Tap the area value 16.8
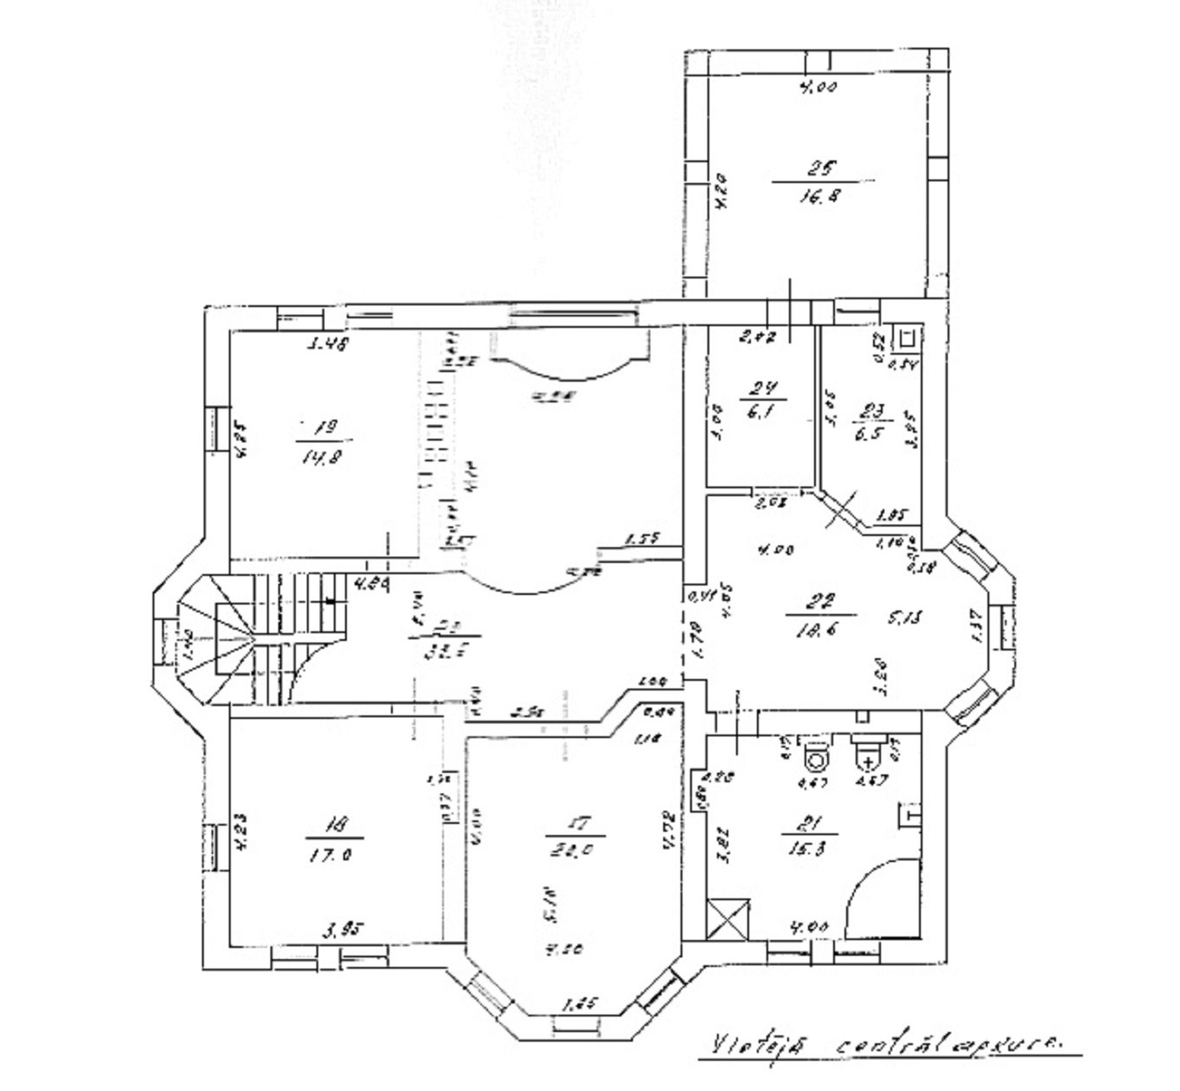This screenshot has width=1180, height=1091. tap(820, 197)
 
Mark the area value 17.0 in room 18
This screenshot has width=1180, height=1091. tap(333, 854)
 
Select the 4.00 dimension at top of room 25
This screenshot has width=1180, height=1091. tap(817, 87)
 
